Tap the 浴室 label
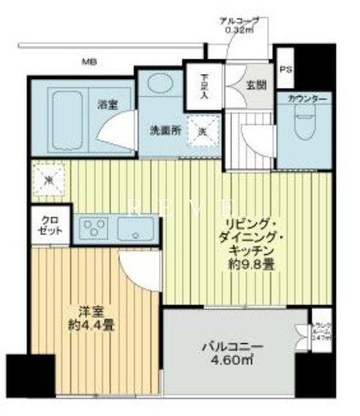[107, 104]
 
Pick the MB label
[88, 61]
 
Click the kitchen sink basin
[136, 228]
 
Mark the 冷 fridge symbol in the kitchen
[49, 180]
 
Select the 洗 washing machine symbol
[203, 131]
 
